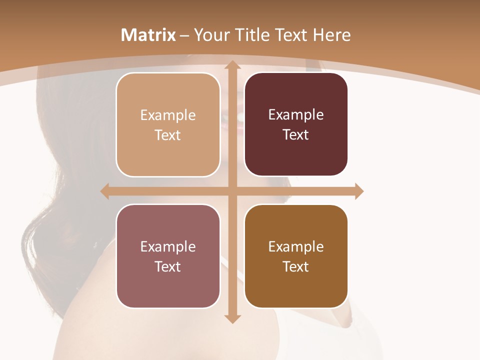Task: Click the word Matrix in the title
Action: pos(148,35)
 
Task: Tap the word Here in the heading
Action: pos(331,35)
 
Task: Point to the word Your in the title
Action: pos(210,35)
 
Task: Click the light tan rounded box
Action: pos(168,125)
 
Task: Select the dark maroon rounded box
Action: pos(296,125)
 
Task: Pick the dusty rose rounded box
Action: pos(168,256)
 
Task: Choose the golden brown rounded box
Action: pos(296,256)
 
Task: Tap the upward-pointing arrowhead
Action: pos(232,65)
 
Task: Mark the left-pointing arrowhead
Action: pos(104,191)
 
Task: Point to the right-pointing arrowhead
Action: pos(359,191)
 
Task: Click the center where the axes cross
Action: pos(232,191)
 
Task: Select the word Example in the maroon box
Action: pos(296,115)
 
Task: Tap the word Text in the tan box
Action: pos(168,135)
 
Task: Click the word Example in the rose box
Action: pos(168,247)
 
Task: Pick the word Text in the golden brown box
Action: pos(296,267)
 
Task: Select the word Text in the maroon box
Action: pos(296,135)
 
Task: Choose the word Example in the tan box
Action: pos(168,115)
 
